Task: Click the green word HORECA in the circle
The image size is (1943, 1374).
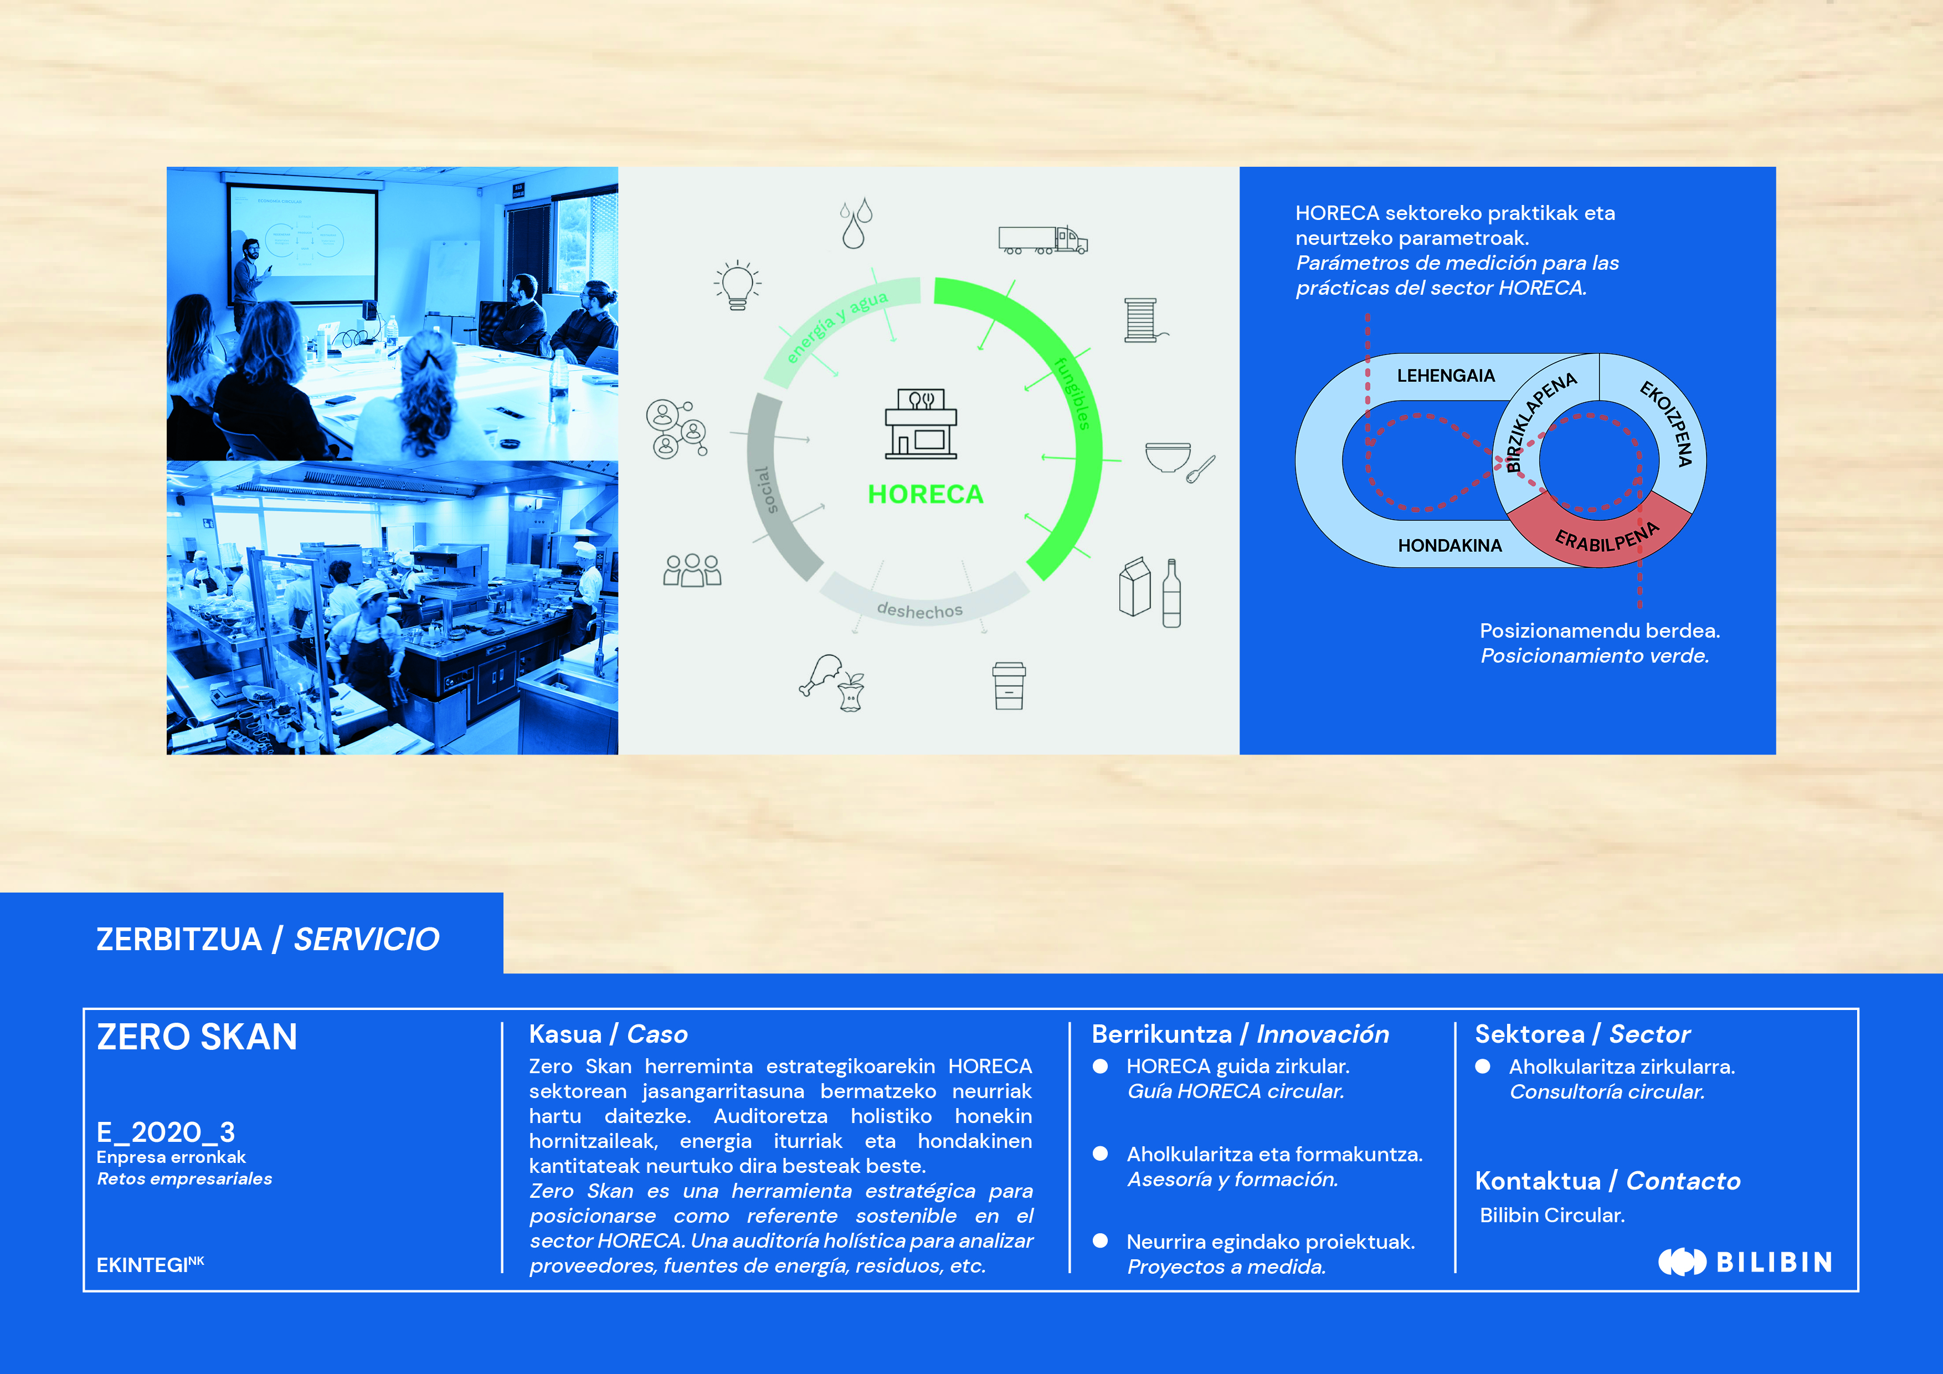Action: (x=926, y=494)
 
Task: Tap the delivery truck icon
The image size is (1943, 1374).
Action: (x=1042, y=240)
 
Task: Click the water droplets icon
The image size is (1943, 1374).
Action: (x=856, y=223)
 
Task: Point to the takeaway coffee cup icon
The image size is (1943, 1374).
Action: (x=1009, y=686)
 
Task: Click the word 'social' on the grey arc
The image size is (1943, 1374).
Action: (x=764, y=490)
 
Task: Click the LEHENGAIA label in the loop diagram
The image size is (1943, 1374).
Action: (x=1446, y=376)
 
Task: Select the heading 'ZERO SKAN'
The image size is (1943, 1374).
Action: (x=197, y=1037)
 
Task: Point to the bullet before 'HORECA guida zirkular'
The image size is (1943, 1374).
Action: (x=1100, y=1067)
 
